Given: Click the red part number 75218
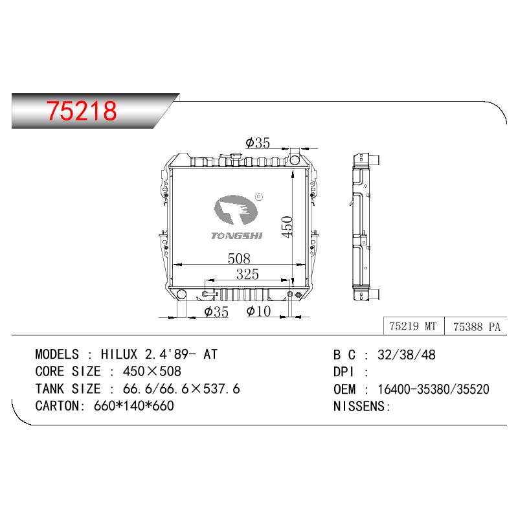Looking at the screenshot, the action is tap(82, 110).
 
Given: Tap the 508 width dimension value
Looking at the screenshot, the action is tap(239, 258).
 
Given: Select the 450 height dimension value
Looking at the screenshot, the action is tap(287, 227).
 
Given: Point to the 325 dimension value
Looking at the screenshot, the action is tap(247, 274).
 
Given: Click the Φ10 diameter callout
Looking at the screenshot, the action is tap(258, 311).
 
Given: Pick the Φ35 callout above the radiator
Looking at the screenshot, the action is tap(258, 142).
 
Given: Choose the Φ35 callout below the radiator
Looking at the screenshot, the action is tap(216, 311).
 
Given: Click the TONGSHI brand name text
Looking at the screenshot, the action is tap(237, 236).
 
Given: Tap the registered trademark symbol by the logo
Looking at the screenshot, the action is tap(259, 197).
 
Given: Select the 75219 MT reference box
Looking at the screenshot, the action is tap(414, 326).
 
